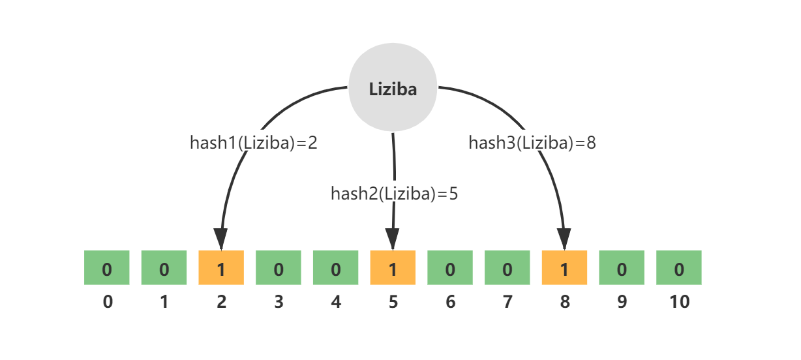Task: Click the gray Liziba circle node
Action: (393, 87)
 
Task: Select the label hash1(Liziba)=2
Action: (254, 143)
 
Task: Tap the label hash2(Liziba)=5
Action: (394, 194)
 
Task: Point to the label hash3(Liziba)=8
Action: (532, 143)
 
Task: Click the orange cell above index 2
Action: (221, 267)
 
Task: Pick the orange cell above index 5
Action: (393, 267)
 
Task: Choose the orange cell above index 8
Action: (564, 267)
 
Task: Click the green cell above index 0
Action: (106, 267)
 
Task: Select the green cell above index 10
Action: (679, 267)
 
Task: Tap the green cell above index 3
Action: (279, 267)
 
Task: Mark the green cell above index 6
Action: (450, 267)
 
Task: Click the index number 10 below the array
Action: (680, 302)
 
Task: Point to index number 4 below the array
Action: (336, 302)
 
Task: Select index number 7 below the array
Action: (507, 302)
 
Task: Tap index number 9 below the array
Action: (622, 302)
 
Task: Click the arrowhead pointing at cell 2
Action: (221, 239)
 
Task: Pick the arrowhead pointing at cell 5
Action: (393, 239)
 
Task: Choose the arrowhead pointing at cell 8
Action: (564, 239)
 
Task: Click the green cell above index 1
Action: (164, 267)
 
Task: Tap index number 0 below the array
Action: (108, 302)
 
